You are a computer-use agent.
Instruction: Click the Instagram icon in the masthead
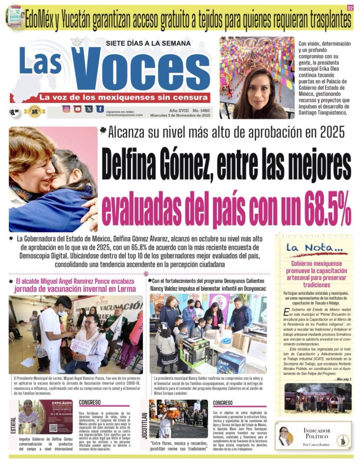(x=66, y=109)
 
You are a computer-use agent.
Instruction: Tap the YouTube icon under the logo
(x=78, y=109)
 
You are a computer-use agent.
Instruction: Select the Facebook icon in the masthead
(x=100, y=109)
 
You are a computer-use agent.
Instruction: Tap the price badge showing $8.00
(x=14, y=111)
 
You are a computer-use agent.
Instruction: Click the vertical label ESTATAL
(x=13, y=425)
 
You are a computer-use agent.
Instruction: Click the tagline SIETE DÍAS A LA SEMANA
(x=140, y=43)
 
